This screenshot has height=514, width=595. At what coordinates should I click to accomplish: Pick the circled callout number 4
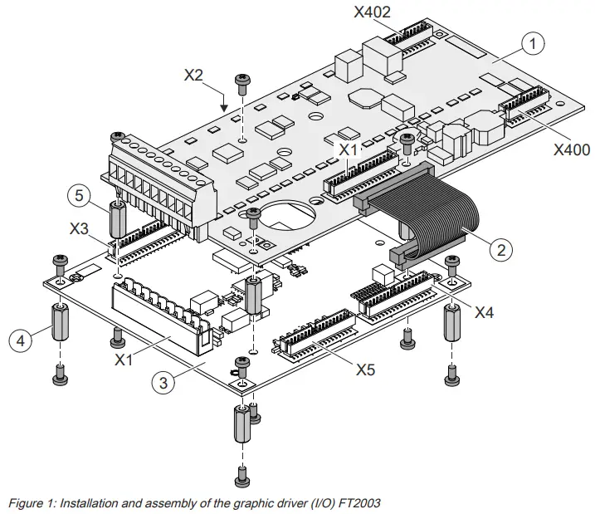(x=22, y=339)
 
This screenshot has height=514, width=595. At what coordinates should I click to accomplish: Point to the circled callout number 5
(x=79, y=197)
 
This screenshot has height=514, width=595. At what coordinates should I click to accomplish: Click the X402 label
(x=371, y=12)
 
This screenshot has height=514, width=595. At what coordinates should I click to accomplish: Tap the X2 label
(x=193, y=75)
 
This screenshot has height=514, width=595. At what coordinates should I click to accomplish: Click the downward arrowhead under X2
(x=223, y=108)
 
